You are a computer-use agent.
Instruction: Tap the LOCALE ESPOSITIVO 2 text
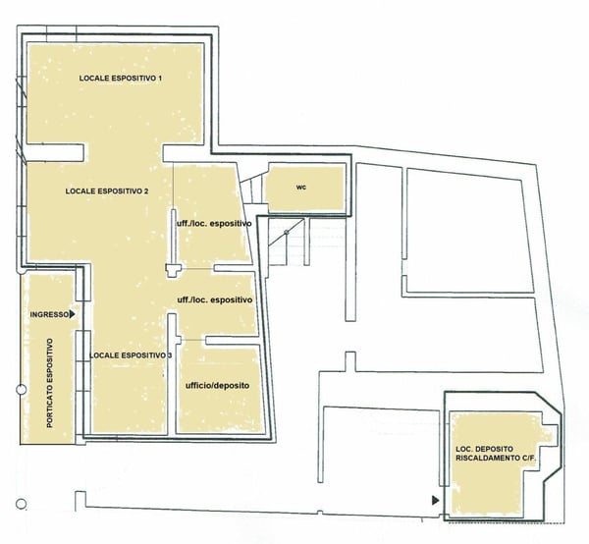106,190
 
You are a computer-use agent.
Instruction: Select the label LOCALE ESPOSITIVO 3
130,354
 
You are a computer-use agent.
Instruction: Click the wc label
302,187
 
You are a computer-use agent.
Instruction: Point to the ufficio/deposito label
217,386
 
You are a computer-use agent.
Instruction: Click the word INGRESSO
49,315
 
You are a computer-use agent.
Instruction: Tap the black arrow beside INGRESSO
72,315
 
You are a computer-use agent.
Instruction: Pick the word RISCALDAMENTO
483,460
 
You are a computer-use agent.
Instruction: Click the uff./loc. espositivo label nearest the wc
214,223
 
